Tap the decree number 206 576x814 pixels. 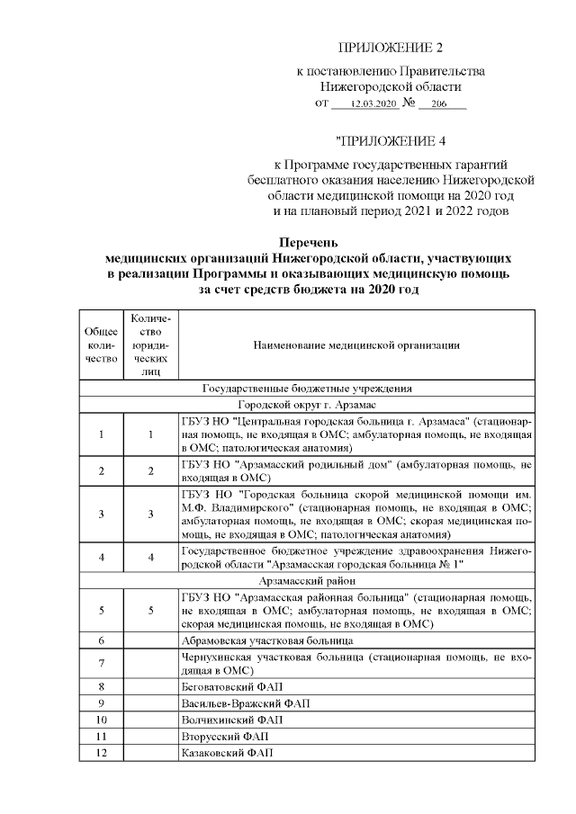[x=439, y=105]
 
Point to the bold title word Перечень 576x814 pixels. [x=308, y=243]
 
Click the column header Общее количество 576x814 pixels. [x=101, y=345]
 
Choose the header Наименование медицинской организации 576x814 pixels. [x=356, y=345]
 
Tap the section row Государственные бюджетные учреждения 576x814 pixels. [x=307, y=389]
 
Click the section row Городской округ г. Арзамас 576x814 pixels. [x=307, y=405]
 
